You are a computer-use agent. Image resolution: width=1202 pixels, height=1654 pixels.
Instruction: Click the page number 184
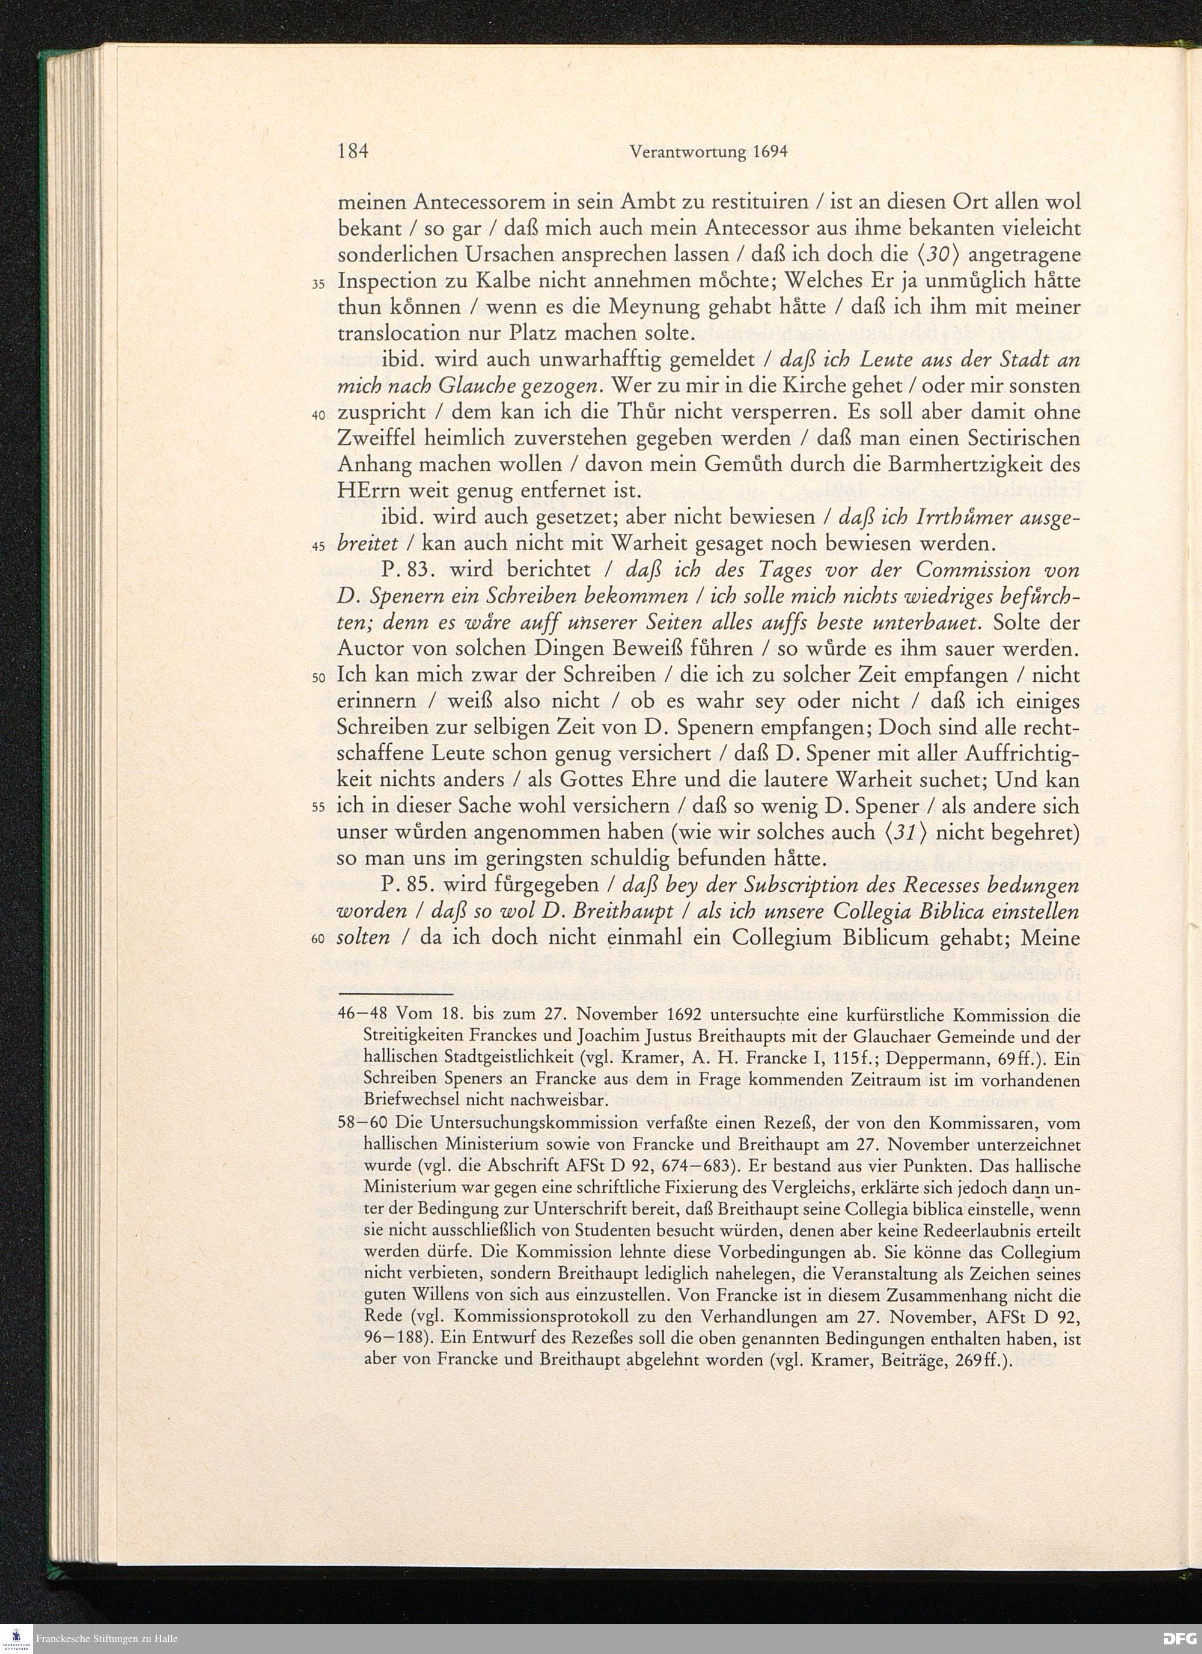[355, 153]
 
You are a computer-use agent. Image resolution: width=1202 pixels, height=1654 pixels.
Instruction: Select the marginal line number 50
[318, 678]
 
